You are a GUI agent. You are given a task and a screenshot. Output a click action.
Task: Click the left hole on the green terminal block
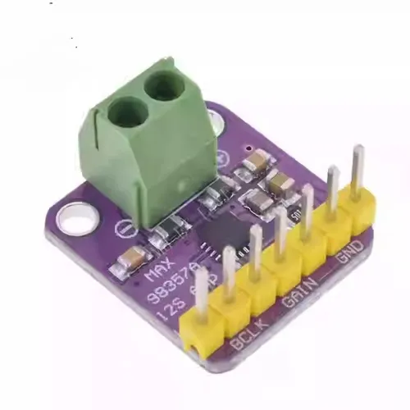(127, 108)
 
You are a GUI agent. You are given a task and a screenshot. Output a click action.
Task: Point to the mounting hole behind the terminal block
(216, 121)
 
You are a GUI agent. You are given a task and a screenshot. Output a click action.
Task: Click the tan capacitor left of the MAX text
(130, 262)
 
